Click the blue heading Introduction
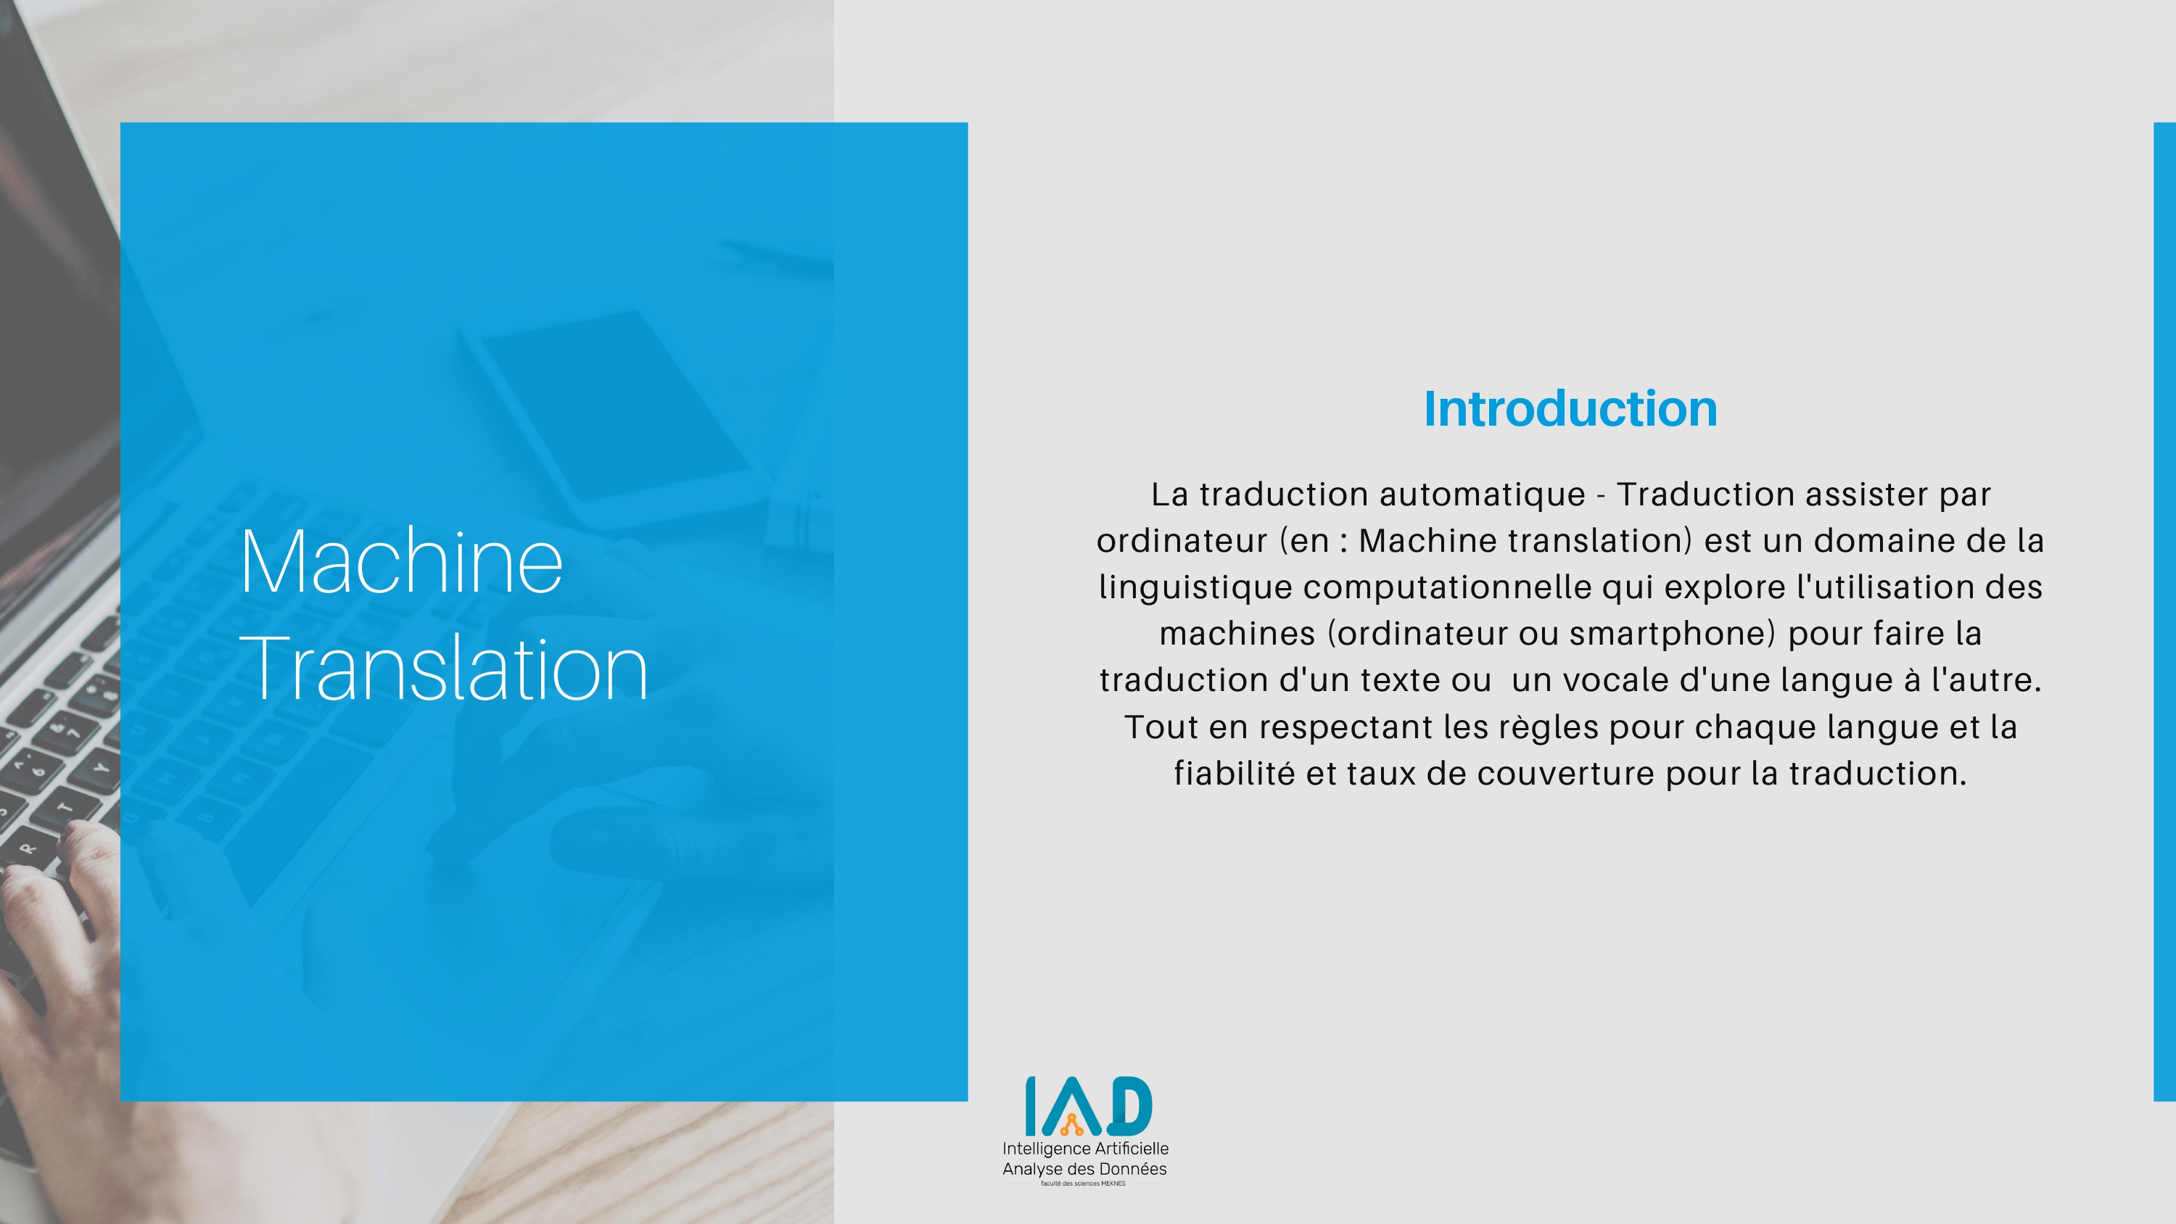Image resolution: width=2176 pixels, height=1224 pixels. (x=1570, y=409)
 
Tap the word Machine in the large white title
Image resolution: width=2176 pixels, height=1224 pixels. (x=401, y=562)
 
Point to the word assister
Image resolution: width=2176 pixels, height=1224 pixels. (x=1863, y=494)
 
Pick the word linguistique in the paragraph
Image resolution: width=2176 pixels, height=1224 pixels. (x=1195, y=588)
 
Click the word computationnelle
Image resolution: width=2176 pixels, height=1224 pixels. (x=1447, y=588)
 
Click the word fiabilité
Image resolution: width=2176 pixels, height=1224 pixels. (x=1234, y=773)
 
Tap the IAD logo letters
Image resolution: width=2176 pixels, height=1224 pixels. (x=1088, y=1106)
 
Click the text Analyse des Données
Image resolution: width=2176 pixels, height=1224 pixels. (x=1084, y=1169)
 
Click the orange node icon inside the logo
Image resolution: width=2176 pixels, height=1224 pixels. (x=1072, y=1125)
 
